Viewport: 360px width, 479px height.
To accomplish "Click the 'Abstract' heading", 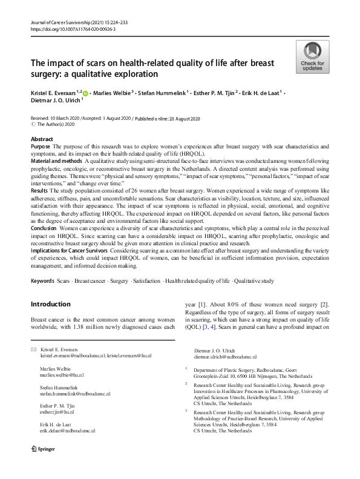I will pos(42,139).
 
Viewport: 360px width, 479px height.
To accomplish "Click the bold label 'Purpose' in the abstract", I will pos(41,147).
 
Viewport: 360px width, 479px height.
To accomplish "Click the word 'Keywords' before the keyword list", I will pos(44,281).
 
